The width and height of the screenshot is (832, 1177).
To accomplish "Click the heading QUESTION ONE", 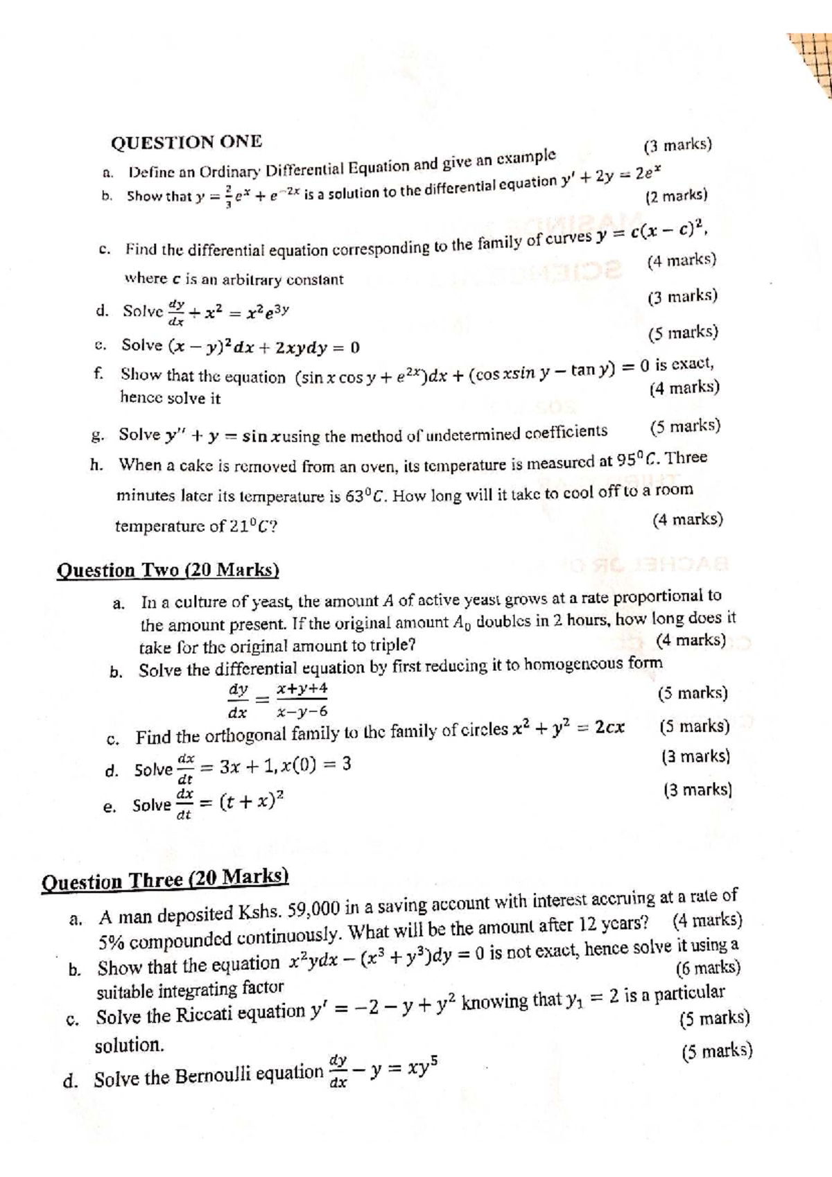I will coord(187,142).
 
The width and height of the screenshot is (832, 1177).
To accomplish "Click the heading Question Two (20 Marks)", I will coord(168,570).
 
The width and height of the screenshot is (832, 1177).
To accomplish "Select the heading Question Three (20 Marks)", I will coord(165,880).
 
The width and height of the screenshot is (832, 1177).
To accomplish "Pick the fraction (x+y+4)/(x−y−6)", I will coord(302,700).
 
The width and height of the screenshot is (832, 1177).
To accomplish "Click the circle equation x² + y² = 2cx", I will coord(569,729).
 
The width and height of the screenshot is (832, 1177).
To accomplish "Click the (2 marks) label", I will coord(676,195).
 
